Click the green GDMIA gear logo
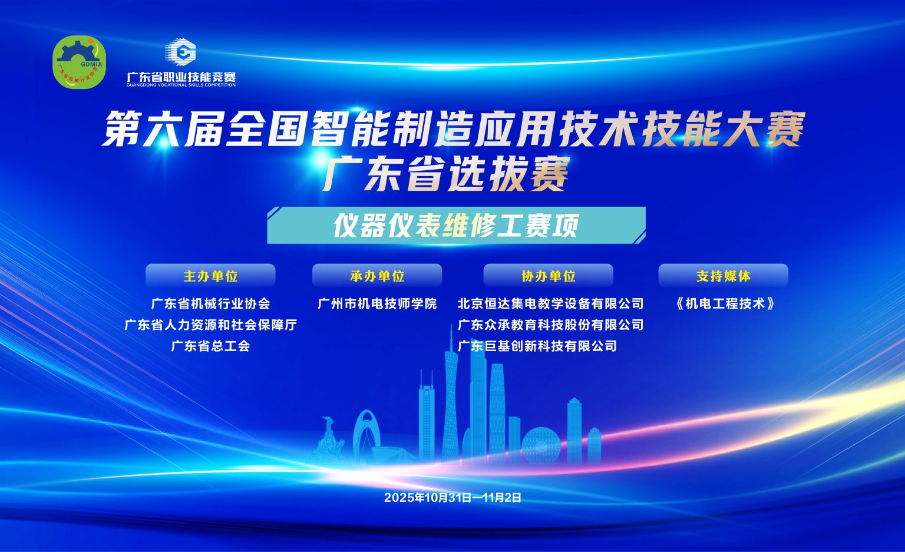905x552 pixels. pyautogui.click(x=79, y=62)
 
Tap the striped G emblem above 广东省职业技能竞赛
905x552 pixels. pyautogui.click(x=181, y=51)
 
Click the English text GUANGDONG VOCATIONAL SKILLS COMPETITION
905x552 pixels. pyautogui.click(x=181, y=85)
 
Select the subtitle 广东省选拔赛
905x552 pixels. pyautogui.click(x=445, y=174)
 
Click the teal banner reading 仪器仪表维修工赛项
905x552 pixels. pyautogui.click(x=456, y=226)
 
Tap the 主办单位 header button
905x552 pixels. pyautogui.click(x=210, y=276)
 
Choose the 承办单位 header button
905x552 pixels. pyautogui.click(x=377, y=276)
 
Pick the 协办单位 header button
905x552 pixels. pyautogui.click(x=549, y=276)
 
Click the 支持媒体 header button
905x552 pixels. pyautogui.click(x=723, y=276)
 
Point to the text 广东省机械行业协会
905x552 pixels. pyautogui.click(x=210, y=304)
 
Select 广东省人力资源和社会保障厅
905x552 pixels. pyautogui.click(x=210, y=325)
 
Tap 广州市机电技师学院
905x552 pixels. pyautogui.click(x=377, y=304)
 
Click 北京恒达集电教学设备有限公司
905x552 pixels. pyautogui.click(x=551, y=304)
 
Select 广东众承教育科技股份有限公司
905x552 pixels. pyautogui.click(x=551, y=325)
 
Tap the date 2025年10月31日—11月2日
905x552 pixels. pyautogui.click(x=453, y=498)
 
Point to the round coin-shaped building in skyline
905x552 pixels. pyautogui.click(x=541, y=445)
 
